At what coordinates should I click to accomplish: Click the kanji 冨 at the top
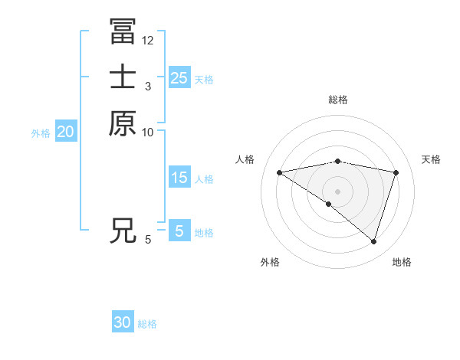point(123,31)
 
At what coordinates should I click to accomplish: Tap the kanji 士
point(123,77)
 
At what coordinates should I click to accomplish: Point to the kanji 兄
point(123,231)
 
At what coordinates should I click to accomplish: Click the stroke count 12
point(148,40)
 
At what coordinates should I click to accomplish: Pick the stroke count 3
point(147,87)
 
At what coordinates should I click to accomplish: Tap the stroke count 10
point(148,133)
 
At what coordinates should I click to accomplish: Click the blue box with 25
point(179,77)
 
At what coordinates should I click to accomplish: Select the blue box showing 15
point(179,178)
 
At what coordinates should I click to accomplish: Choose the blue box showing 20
point(66,132)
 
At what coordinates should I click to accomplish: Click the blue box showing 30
point(123,323)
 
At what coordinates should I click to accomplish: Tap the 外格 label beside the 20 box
point(41,133)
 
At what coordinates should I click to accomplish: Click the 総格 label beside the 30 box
point(147,324)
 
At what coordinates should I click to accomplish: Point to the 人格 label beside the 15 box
point(204,178)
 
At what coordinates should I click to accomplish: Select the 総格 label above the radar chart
point(338,100)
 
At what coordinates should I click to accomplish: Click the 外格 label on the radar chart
point(269,262)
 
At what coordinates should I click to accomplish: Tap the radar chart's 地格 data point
point(374,242)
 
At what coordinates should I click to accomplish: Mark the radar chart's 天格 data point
point(396,172)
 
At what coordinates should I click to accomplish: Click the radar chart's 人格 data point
point(279,172)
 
